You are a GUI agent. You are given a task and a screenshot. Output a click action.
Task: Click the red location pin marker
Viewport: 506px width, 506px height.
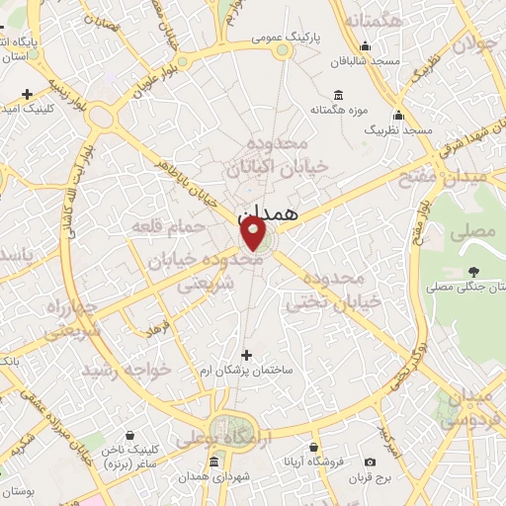coord(254,233)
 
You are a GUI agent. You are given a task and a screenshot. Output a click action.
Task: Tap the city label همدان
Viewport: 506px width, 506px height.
coord(268,211)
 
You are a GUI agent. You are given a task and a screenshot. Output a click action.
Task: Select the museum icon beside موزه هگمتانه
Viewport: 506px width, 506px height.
coord(339,95)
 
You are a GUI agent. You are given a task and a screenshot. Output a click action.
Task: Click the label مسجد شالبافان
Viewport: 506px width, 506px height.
coord(366,61)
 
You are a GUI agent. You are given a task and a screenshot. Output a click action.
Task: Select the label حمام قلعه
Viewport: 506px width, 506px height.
coord(167,227)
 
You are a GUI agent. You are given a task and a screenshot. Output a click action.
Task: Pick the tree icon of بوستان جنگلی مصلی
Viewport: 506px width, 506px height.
coord(474,271)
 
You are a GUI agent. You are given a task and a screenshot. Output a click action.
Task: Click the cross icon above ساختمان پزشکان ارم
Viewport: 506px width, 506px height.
coord(246,354)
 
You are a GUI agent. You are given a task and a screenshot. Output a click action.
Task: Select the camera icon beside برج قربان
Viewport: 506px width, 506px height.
coord(370,462)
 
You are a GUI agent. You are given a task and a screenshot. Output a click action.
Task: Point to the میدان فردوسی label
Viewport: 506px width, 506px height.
coord(468,408)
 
